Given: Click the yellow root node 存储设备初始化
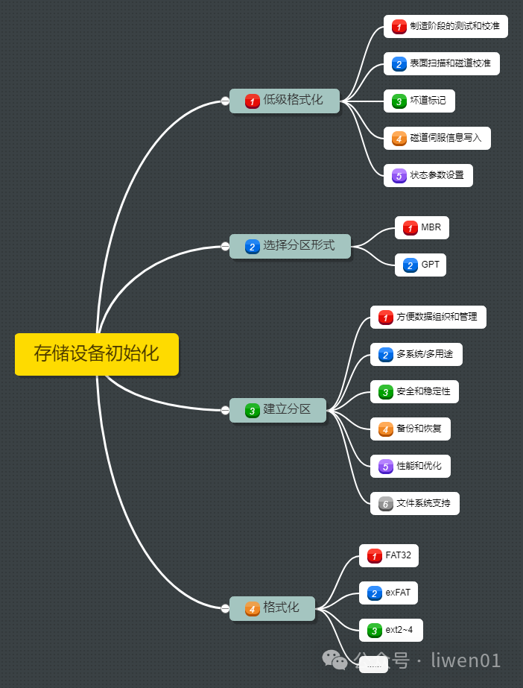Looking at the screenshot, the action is pos(97,354).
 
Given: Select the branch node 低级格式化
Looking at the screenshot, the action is pos(285,101).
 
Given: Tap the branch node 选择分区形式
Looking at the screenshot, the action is pos(290,246).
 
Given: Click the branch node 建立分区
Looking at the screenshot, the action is pos(278,409).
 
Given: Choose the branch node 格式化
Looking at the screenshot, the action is pos(272,608).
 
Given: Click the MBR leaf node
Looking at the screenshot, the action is pos(422,227).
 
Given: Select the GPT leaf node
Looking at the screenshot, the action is pos(421,265).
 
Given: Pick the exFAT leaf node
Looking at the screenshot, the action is pos(388,593).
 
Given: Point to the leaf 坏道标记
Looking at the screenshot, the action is pos(419,101).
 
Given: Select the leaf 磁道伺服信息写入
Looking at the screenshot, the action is pos(437,138).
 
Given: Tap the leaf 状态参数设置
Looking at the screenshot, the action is pos(428,175).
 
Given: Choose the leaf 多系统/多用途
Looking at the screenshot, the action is pos(416,355).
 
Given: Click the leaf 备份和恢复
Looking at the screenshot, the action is pos(410,429).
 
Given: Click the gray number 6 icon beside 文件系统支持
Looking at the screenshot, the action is pos(385,504).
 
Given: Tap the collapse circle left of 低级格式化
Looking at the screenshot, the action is pos(225,101).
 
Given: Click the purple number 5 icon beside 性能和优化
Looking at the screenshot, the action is pos(385,467).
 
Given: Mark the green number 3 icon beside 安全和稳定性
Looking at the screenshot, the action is pos(385,391).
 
